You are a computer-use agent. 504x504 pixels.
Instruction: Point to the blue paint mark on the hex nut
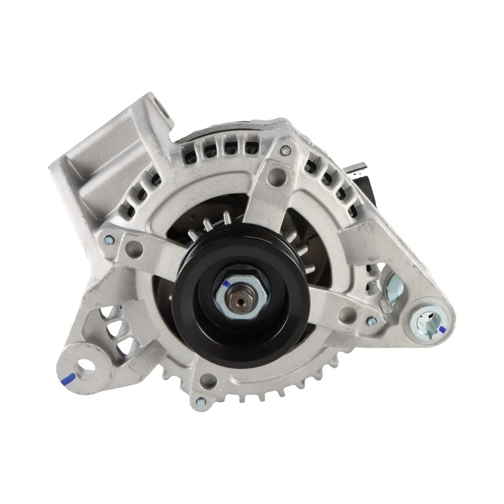(226, 284)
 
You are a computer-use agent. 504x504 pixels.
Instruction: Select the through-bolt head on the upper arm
(284, 151)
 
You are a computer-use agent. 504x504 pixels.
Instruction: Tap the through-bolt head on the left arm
(109, 239)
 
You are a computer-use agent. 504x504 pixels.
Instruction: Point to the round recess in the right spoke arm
(344, 316)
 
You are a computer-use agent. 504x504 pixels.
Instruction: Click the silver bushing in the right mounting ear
(427, 321)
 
